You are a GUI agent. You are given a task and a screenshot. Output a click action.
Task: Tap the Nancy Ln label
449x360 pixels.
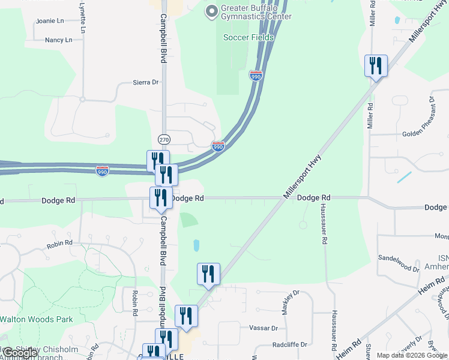58,40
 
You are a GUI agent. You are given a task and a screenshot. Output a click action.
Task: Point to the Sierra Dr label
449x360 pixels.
145,82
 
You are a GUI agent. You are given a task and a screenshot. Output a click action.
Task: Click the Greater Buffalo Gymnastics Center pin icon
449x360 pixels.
211,11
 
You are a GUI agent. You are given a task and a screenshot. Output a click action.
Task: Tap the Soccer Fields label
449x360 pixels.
249,37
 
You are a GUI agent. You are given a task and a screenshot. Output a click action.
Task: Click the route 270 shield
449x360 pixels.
164,139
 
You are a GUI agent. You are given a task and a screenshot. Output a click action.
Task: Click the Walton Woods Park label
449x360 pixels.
37,319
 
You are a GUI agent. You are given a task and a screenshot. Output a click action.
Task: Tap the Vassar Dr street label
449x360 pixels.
267,328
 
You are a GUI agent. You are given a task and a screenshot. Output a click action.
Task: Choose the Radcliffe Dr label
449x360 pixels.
289,344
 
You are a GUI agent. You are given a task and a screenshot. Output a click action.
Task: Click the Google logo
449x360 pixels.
19,353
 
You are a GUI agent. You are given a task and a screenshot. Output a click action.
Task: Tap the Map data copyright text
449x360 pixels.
411,355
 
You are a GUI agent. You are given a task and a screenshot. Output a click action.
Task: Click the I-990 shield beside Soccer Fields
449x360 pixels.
256,76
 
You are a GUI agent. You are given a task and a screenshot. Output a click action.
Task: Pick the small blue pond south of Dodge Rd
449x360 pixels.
196,245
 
